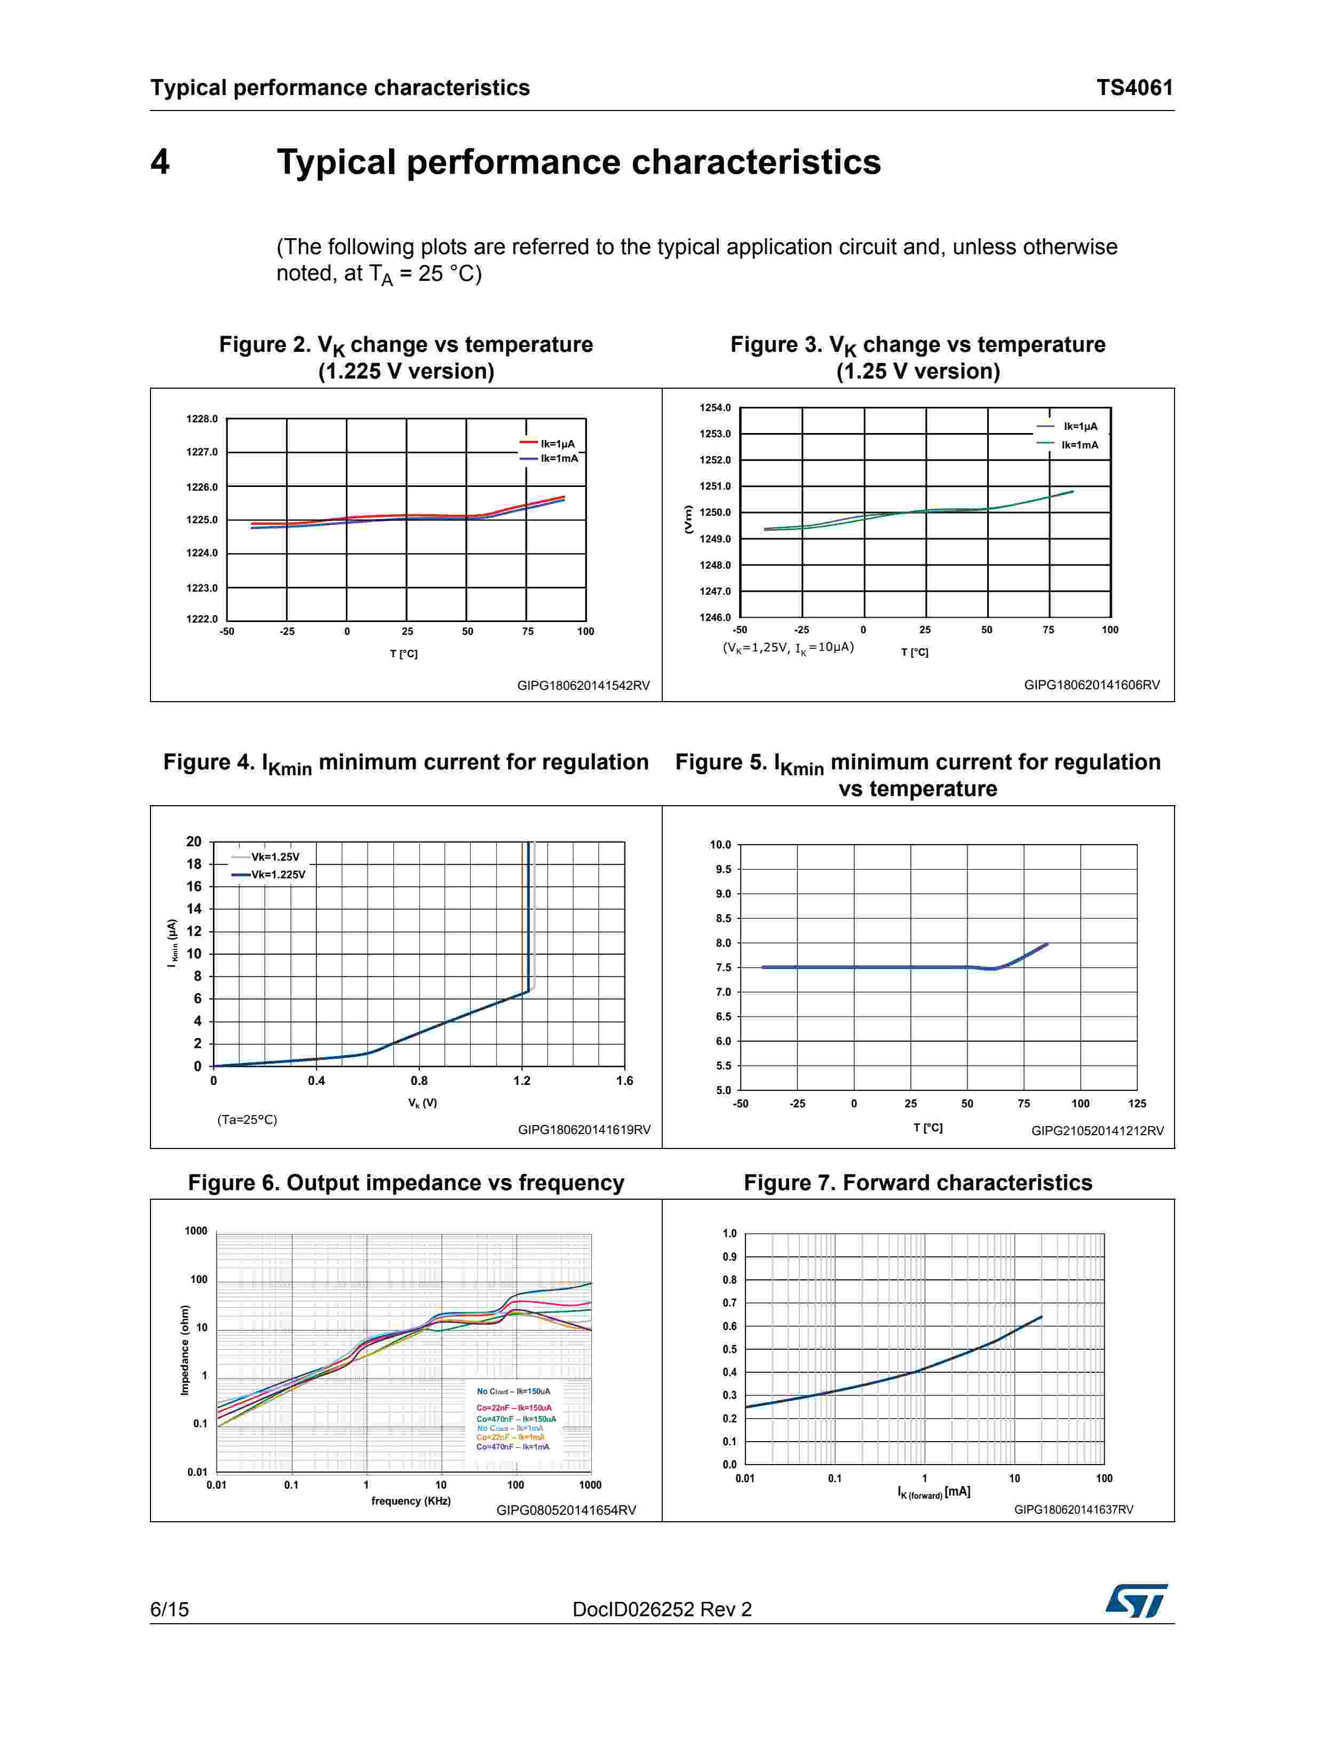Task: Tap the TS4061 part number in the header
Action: click(x=1134, y=88)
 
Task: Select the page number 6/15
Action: click(x=170, y=1609)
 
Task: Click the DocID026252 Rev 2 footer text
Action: click(x=662, y=1609)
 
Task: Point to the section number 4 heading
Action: click(x=160, y=162)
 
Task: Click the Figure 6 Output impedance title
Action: click(x=406, y=1183)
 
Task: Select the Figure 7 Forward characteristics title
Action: click(x=917, y=1183)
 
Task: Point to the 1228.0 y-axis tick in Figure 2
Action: click(x=202, y=419)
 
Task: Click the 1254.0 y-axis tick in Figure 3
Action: click(x=714, y=408)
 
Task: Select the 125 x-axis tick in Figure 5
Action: click(x=1136, y=1103)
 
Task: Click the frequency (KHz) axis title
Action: click(x=411, y=1501)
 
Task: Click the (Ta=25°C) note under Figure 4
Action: click(x=247, y=1119)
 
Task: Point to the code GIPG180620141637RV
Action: click(x=1073, y=1509)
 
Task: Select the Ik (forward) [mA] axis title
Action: click(x=933, y=1492)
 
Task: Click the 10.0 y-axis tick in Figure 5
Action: click(x=720, y=844)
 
